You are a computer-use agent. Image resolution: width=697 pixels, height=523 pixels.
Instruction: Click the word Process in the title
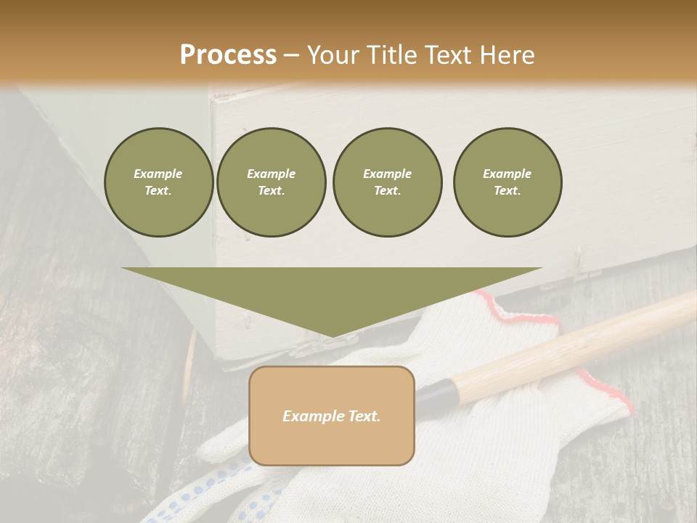pos(228,55)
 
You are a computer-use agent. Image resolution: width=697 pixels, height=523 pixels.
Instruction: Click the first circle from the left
pos(158,182)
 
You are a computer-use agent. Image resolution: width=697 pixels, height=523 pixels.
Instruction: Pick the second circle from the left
pos(271,182)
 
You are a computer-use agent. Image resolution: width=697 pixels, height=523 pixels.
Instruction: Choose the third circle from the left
pos(387,182)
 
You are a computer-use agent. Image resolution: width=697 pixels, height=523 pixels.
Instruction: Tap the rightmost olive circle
pos(507,182)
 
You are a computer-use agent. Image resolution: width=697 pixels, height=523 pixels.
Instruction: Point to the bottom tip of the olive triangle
pos(332,336)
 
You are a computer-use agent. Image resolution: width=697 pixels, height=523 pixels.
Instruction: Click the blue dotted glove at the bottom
pos(218,494)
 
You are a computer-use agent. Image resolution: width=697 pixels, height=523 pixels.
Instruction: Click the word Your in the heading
pos(332,55)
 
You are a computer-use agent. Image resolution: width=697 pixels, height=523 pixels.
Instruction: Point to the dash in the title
pos(291,55)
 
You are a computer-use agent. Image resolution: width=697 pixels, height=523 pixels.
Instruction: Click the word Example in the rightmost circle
pos(507,174)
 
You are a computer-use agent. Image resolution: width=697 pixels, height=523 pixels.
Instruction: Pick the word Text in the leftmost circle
pos(158,191)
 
